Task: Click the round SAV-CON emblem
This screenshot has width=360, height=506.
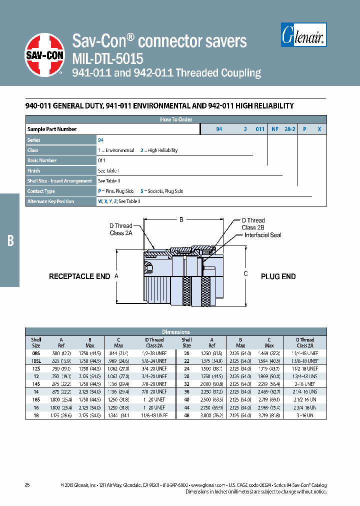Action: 44,54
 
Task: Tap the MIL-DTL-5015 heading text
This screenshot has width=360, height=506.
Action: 108,58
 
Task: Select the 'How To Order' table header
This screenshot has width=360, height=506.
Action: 176,119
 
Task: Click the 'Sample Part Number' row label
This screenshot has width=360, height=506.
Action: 52,129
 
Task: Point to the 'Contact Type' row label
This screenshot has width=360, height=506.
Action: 41,191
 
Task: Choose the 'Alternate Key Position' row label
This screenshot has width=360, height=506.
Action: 50,201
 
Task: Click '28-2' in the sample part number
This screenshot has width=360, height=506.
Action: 290,129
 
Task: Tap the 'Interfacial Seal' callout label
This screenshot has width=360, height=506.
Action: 263,235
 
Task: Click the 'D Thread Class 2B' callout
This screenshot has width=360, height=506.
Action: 253,224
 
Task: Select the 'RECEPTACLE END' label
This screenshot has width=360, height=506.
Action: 79,276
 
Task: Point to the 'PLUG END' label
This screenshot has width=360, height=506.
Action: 278,276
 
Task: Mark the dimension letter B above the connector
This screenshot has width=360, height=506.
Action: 181,219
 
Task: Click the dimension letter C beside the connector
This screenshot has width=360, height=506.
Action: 245,273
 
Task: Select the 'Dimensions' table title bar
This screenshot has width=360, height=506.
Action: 176,331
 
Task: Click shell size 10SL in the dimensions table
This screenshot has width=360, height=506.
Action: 36,360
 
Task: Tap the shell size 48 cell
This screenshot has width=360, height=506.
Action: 186,415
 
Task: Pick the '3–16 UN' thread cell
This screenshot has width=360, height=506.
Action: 304,415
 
